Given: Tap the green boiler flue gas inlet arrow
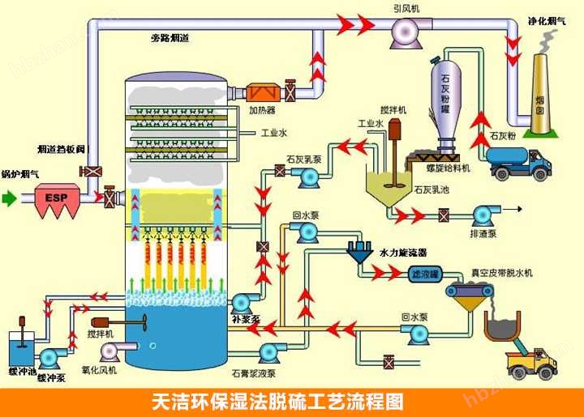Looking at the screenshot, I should click(9, 197).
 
